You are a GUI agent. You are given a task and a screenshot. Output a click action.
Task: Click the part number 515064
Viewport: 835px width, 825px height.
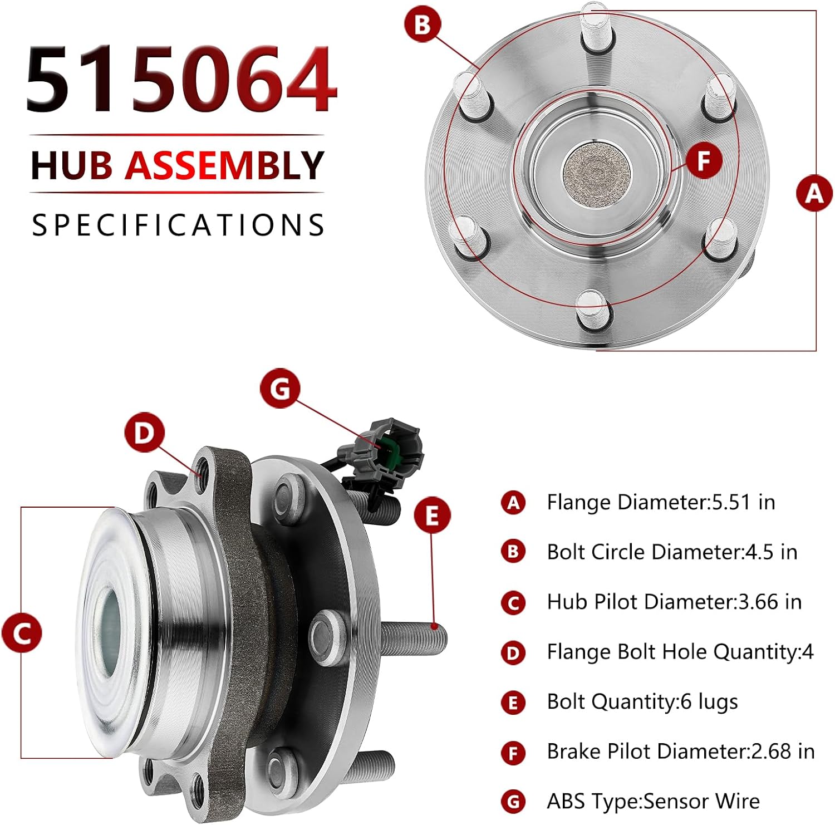181,80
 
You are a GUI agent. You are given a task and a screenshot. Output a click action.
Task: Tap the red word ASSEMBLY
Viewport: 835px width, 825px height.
224,165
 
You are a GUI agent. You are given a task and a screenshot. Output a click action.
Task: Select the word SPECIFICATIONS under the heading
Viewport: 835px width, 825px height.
178,225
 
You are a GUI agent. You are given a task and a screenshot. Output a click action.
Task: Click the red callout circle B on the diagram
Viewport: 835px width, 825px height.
423,24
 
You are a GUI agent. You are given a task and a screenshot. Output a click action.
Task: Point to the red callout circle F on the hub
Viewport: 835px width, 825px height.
704,161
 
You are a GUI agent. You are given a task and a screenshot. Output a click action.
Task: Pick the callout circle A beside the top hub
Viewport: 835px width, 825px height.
814,193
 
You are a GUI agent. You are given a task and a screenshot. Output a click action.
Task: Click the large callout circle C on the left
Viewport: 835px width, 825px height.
22,633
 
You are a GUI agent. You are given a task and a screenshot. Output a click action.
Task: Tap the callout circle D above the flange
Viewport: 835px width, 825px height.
144,432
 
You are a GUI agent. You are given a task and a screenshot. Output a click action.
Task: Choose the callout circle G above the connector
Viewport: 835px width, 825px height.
279,388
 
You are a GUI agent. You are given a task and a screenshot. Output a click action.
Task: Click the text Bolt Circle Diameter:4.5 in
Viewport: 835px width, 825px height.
672,552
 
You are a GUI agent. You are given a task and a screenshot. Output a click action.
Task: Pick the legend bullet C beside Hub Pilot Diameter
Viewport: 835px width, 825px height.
513,603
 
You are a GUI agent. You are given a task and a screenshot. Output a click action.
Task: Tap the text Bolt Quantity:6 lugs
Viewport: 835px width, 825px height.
642,702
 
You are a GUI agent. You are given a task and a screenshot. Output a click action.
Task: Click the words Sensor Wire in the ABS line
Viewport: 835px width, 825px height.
702,801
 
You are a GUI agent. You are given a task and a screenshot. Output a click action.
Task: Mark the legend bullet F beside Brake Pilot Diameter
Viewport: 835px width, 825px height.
513,753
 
